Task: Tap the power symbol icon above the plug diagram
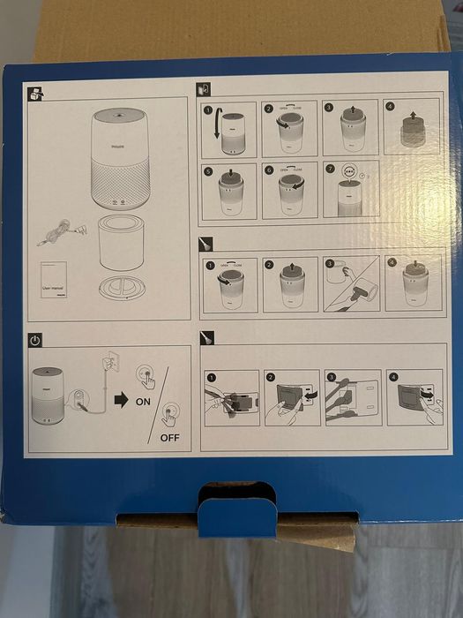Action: pos(34,339)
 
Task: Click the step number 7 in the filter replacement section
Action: pos(329,169)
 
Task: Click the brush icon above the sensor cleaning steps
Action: pos(206,338)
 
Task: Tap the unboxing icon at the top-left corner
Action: pos(34,92)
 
